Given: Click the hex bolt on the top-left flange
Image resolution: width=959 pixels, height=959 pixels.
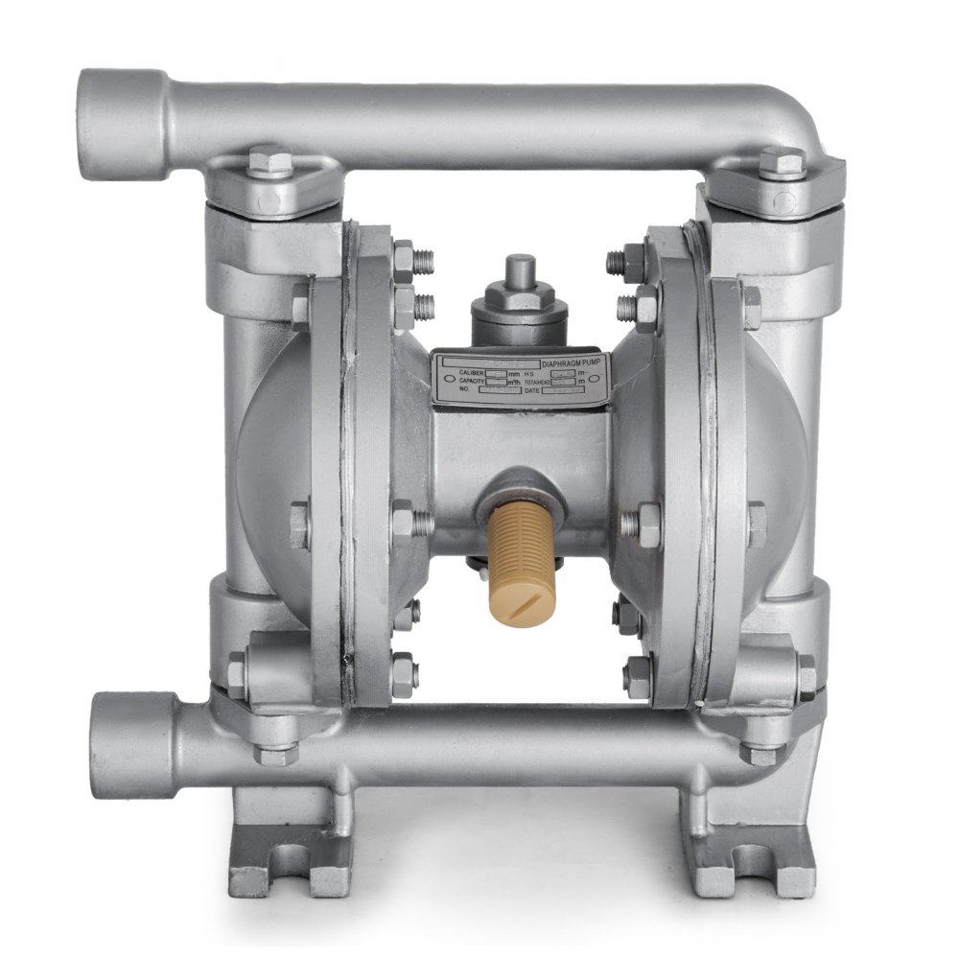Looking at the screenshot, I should click(270, 161).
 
